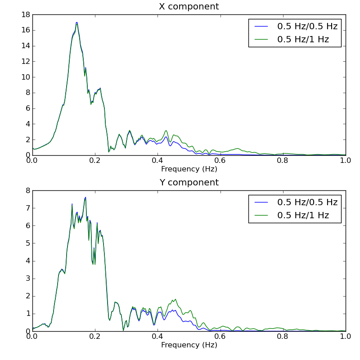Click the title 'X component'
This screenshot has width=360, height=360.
[x=189, y=7]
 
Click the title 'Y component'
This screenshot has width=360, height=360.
[x=189, y=183]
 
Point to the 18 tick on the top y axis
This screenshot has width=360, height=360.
[x=25, y=15]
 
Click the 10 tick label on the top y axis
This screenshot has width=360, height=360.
[x=25, y=77]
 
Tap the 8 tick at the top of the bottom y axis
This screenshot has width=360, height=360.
[x=27, y=191]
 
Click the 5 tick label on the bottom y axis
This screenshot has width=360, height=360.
[x=27, y=243]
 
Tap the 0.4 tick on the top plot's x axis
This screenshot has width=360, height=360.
[x=157, y=161]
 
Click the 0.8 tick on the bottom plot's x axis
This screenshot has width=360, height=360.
[x=283, y=337]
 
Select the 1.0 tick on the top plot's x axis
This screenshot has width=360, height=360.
[x=346, y=161]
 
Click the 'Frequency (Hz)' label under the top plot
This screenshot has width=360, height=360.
[x=189, y=169]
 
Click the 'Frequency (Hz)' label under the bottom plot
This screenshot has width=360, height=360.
[x=189, y=345]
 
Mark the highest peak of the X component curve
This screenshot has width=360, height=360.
[x=76, y=22]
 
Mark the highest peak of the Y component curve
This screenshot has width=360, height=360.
[x=85, y=198]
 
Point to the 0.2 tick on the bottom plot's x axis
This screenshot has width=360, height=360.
[x=95, y=337]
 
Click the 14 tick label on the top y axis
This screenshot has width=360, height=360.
[x=25, y=46]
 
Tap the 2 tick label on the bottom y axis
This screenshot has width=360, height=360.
[x=27, y=296]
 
